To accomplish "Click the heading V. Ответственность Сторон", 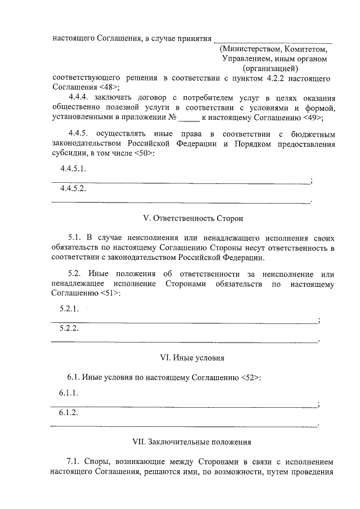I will point(187,217).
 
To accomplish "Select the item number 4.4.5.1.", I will point(73,169).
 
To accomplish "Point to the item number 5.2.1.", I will point(69,309).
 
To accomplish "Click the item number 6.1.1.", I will point(69,393).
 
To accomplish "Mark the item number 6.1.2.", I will point(69,412).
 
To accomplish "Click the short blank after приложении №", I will point(192,119).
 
